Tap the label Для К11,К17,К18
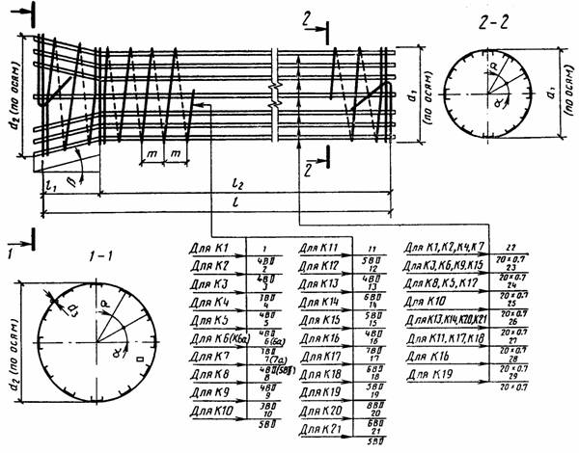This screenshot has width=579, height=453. coord(439,338)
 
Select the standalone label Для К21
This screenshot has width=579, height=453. coord(319,427)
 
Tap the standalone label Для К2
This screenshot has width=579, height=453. coord(209,265)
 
